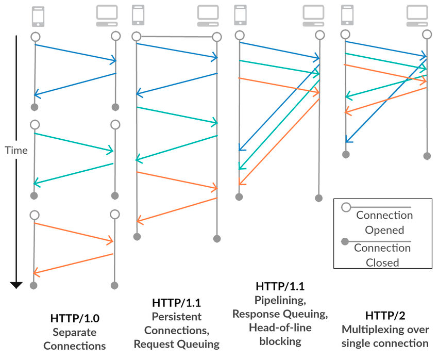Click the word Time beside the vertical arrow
(16, 150)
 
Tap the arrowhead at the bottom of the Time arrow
(16, 284)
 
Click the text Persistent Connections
(176, 323)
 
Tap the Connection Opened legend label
(384, 222)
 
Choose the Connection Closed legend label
(382, 255)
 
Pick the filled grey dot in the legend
(347, 241)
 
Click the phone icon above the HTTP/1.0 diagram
(38, 15)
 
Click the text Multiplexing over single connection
(384, 336)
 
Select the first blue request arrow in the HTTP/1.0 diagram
(75, 53)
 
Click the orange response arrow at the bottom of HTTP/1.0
(73, 264)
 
